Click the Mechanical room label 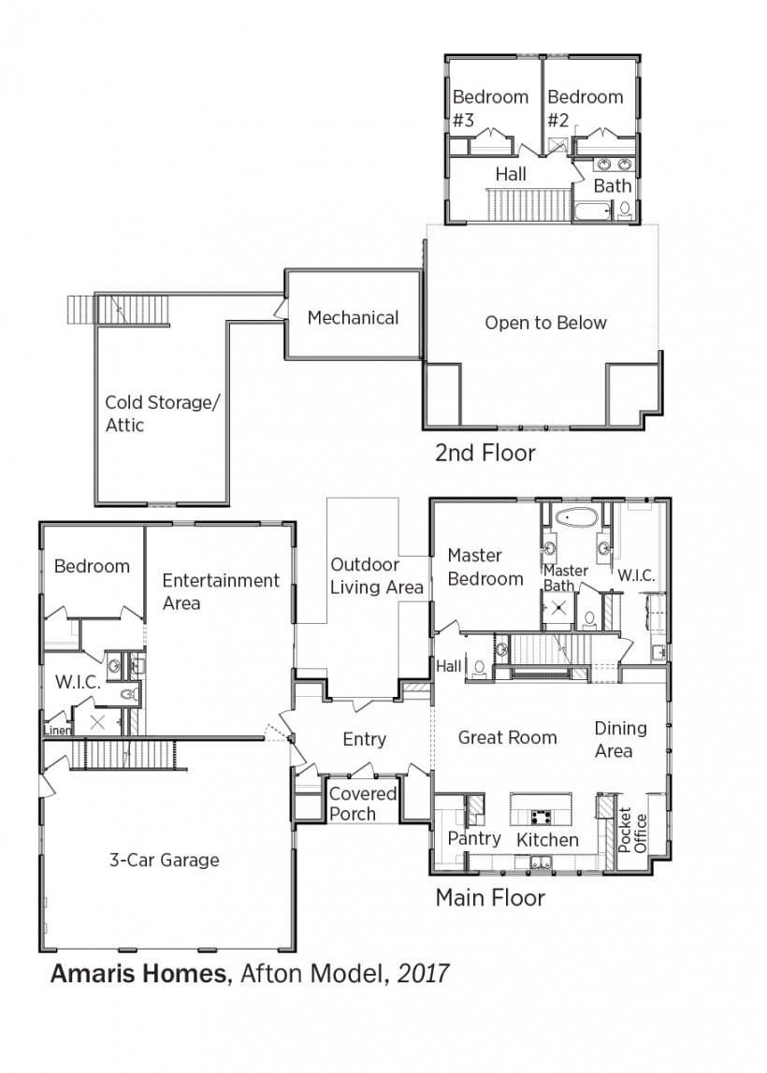[x=353, y=317]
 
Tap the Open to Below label [x=545, y=323]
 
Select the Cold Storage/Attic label [x=162, y=413]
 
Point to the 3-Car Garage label [x=165, y=861]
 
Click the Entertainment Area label [x=221, y=591]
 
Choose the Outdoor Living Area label [x=376, y=575]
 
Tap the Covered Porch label [x=363, y=804]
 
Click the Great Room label [x=507, y=737]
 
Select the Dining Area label [x=620, y=739]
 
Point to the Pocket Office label [x=632, y=830]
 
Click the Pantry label [x=474, y=838]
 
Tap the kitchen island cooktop [x=541, y=816]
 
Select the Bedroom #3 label [x=490, y=109]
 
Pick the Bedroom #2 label [x=585, y=109]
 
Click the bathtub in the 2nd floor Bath [x=592, y=211]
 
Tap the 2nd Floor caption [x=485, y=453]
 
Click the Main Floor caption [x=490, y=897]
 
